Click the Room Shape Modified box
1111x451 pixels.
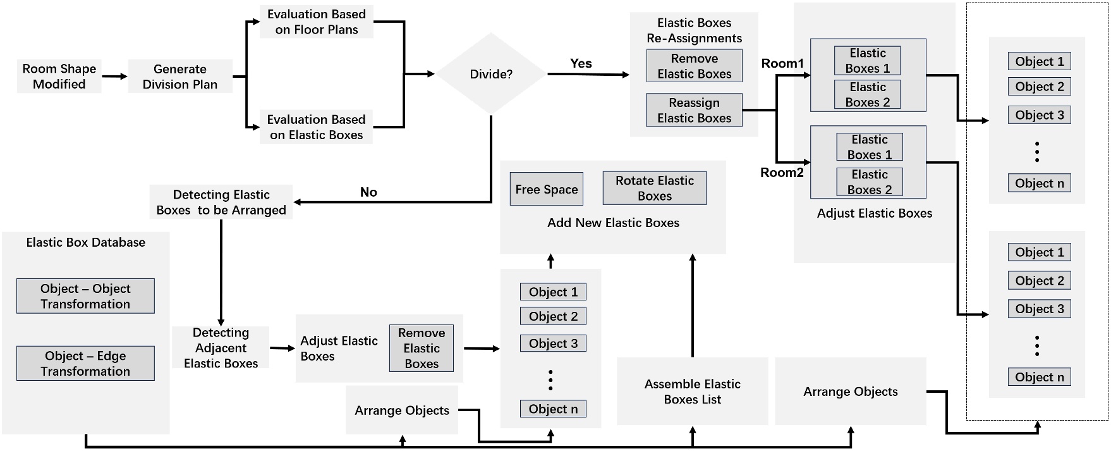59,77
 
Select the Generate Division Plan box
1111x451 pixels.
180,77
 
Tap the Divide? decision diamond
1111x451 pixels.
491,74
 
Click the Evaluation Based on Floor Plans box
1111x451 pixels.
316,22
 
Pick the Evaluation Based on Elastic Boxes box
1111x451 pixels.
316,127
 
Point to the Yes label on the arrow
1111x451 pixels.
581,63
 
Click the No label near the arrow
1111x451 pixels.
368,192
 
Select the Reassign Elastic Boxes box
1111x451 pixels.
694,111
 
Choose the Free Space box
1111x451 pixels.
547,189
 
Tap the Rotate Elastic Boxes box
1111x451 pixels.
655,188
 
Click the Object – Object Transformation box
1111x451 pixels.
85,296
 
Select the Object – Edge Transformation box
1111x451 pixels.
85,364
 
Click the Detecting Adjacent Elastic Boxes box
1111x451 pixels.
221,348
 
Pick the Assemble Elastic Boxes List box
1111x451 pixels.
692,392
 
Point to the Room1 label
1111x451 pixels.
782,63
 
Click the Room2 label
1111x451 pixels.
782,173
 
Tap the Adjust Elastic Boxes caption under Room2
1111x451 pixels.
874,214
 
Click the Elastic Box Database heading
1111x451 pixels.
85,242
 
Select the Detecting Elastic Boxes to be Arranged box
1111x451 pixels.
221,202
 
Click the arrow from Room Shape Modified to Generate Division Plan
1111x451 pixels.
114,77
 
